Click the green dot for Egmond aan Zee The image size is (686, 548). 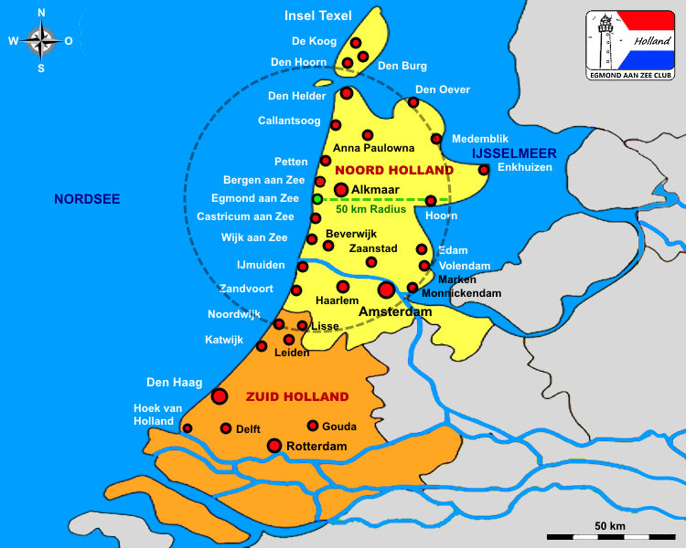pos(317,198)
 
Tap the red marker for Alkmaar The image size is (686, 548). pos(341,190)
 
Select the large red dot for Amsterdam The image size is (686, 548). pos(386,290)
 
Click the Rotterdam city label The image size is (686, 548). pos(316,447)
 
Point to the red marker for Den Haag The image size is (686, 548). pos(220,395)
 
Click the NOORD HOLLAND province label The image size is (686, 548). pos(394,171)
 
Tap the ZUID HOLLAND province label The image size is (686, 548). pos(297,396)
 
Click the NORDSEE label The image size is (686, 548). pos(87,199)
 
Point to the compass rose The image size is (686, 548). pos(41,40)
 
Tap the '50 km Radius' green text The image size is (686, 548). pos(370,209)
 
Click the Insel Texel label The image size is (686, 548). pos(318,16)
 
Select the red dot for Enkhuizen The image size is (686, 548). pos(484,169)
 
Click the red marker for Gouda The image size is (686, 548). pos(313,426)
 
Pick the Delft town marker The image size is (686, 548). pos(226,427)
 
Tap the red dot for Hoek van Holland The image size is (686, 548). pos(188,427)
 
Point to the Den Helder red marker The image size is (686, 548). pos(347,93)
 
